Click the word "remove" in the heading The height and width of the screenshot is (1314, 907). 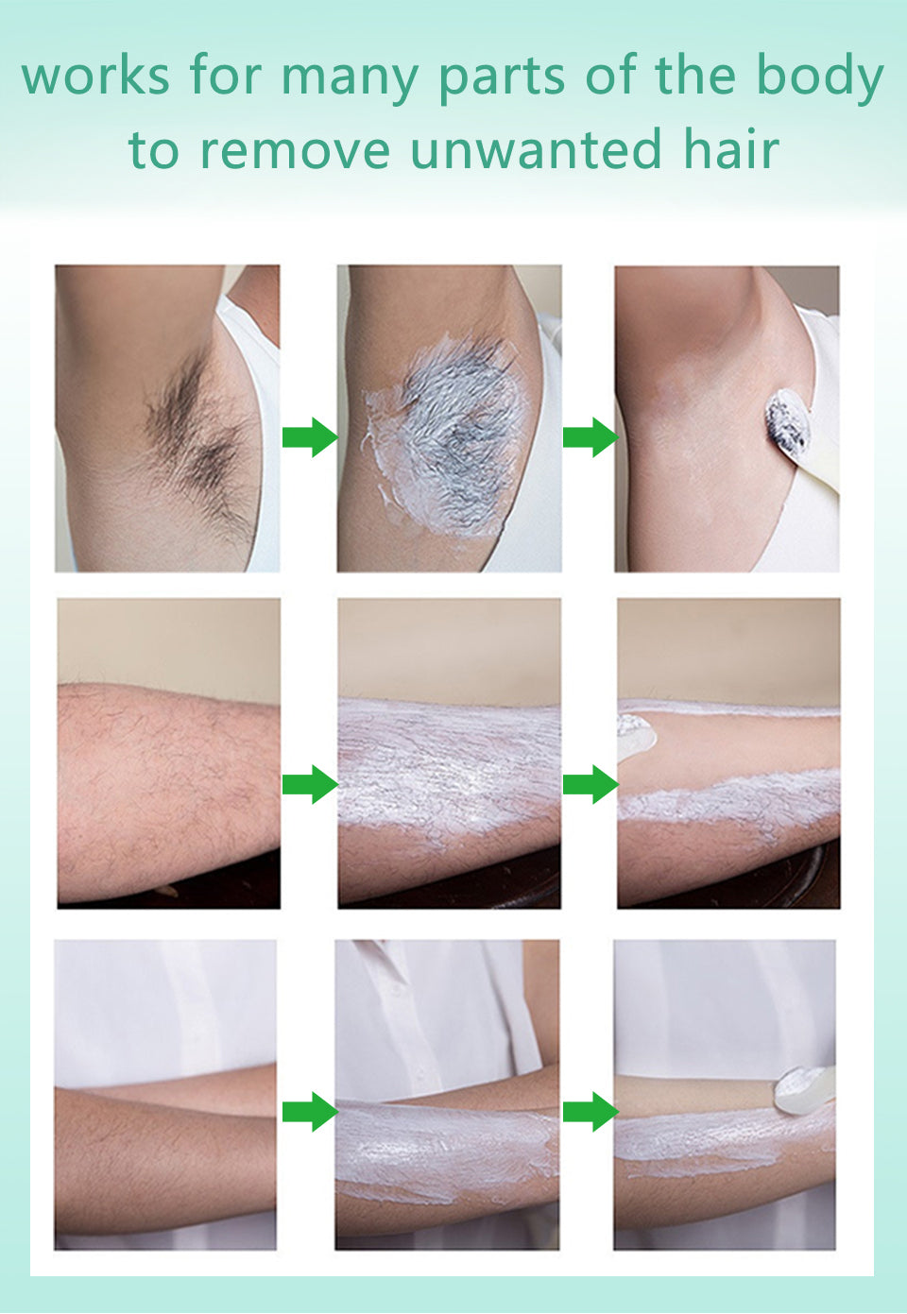(x=295, y=151)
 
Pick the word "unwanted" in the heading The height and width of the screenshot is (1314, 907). (x=536, y=151)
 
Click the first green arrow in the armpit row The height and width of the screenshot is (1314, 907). (x=309, y=437)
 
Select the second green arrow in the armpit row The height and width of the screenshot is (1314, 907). (x=590, y=437)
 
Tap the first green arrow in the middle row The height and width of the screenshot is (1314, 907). (x=309, y=784)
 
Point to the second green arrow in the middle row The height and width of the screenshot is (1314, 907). (x=590, y=784)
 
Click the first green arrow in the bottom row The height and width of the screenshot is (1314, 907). (x=309, y=1112)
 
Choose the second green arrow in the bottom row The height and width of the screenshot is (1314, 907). (x=590, y=1112)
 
